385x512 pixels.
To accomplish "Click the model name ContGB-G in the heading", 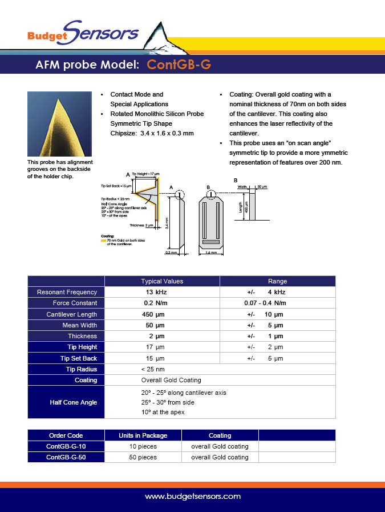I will click(x=179, y=65).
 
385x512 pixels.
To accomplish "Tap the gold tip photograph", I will click(x=59, y=124).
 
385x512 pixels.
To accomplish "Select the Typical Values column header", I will click(x=162, y=281).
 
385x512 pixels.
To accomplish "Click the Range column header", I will click(x=277, y=281).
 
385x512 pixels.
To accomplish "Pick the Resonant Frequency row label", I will click(x=67, y=292).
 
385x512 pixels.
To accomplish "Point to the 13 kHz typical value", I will click(x=153, y=292).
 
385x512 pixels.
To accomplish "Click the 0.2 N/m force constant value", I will click(x=156, y=303).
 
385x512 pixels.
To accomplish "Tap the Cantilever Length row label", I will click(x=71, y=314).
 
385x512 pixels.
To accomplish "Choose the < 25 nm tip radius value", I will click(x=153, y=369).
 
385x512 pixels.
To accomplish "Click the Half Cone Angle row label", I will click(x=74, y=402).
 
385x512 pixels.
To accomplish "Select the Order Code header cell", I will click(x=66, y=435).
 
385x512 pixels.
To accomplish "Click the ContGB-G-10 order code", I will click(x=66, y=446).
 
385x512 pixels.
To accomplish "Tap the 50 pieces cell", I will click(x=143, y=457).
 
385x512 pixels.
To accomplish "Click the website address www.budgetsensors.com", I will click(x=193, y=497).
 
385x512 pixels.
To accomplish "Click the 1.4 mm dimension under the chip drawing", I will click(x=210, y=252).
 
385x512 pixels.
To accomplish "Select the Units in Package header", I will click(x=143, y=435).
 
